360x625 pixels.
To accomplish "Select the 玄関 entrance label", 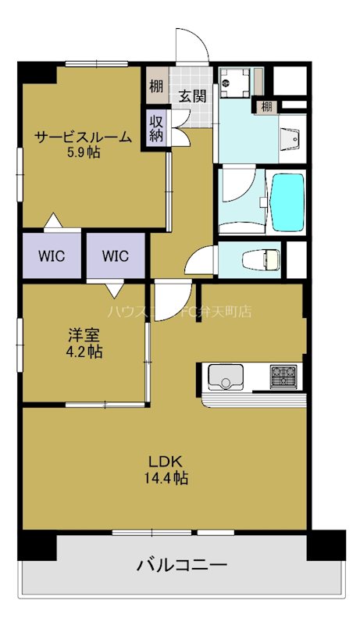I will coord(191,96).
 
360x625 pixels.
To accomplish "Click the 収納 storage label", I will coord(157,125).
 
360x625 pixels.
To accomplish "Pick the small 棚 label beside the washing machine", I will coord(267,106).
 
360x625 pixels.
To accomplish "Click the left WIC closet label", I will coord(52,255).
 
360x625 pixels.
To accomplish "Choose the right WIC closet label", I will coord(116,255).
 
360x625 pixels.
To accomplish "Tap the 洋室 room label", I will coord(84,336).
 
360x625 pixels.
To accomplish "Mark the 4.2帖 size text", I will coord(84,352).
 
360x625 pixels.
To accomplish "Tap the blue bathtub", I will coord(287,202).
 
